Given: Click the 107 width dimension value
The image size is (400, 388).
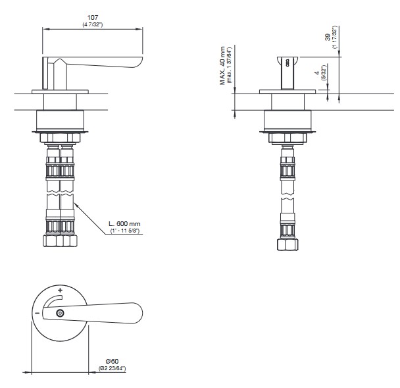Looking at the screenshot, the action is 93,17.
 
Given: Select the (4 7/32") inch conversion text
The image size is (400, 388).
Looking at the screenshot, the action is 93,25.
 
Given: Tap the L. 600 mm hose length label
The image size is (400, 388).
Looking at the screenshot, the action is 124,224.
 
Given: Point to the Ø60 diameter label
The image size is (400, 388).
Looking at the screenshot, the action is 113,361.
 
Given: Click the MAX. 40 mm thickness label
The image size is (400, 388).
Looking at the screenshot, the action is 222,65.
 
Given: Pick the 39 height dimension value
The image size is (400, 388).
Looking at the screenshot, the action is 328,37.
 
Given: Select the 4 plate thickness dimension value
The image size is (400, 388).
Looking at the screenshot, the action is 317,73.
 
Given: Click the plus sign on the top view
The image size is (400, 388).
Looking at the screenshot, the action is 61,290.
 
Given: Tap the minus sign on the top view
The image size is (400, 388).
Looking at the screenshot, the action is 37,313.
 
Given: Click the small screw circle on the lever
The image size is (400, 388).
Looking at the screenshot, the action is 60,313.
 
